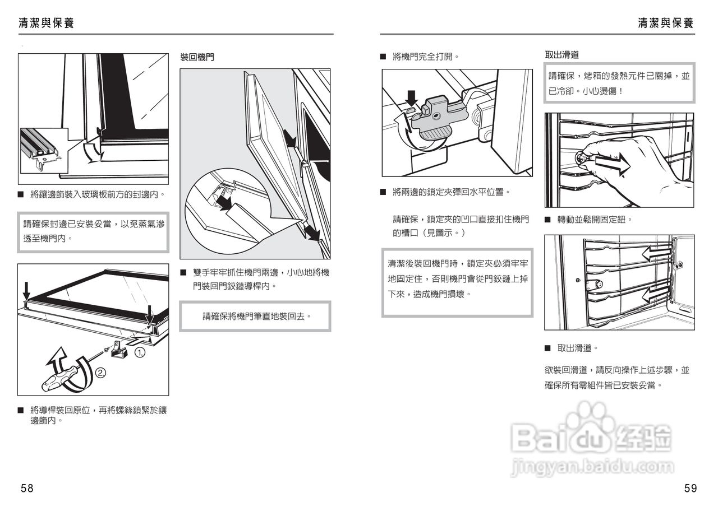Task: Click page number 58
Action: point(27,488)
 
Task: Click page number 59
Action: point(691,488)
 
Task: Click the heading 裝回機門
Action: point(197,57)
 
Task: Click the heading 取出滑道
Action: point(561,55)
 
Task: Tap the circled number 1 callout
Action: point(140,352)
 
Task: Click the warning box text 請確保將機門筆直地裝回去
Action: point(256,317)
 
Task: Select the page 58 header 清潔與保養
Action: point(46,23)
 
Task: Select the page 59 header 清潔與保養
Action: point(666,23)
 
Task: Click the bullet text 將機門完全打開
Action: point(426,57)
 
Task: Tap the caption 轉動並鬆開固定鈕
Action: point(594,220)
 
